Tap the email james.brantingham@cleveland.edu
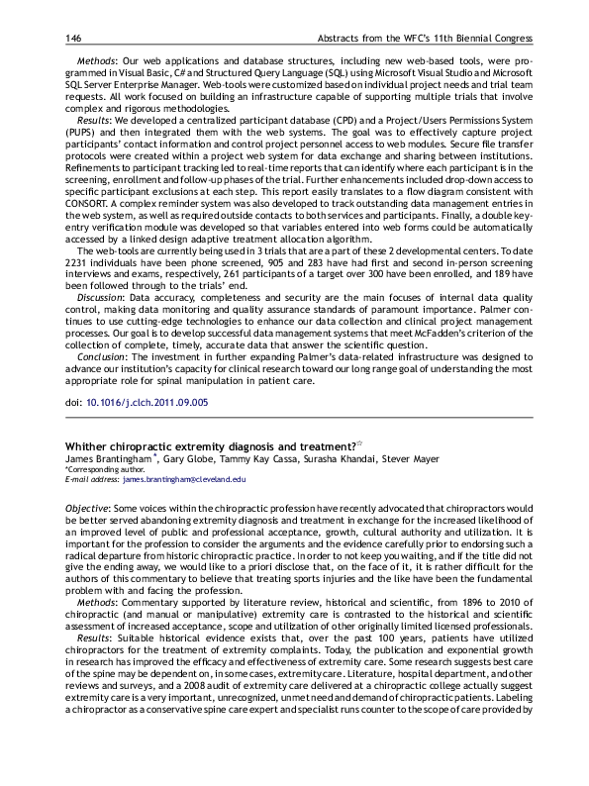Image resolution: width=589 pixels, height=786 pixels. [183, 479]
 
